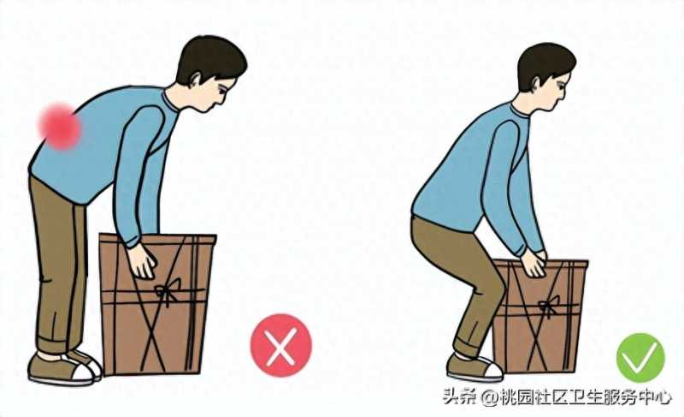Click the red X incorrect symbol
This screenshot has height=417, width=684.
[281, 345]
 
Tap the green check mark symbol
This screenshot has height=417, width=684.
[640, 358]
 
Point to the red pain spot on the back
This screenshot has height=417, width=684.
[60, 126]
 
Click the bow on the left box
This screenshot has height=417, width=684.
[168, 291]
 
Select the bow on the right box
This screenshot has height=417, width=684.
[549, 306]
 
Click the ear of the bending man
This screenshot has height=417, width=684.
[195, 80]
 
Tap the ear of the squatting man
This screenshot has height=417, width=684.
[536, 85]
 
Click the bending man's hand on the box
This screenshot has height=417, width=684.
[143, 261]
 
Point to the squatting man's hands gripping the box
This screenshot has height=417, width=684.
[534, 263]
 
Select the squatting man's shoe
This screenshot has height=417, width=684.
[475, 367]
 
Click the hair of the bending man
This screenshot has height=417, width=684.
[210, 59]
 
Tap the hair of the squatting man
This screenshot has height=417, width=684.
[545, 64]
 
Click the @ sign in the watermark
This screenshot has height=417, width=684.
[490, 398]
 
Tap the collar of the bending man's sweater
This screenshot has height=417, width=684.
[170, 102]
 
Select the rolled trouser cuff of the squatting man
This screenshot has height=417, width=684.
[467, 348]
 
